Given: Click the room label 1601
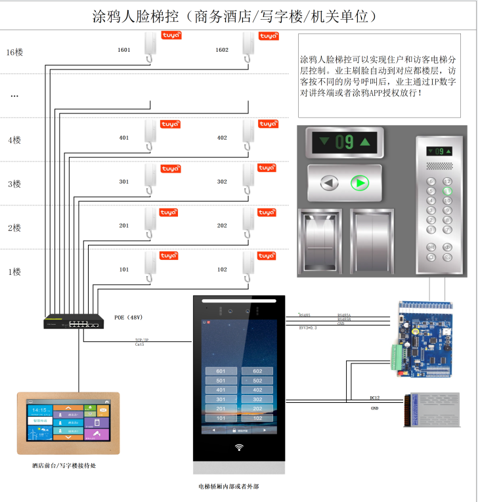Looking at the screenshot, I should click(x=123, y=50).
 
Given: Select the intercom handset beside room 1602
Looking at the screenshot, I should click(x=248, y=49).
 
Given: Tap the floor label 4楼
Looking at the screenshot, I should click(x=14, y=140).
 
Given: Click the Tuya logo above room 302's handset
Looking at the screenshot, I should click(x=267, y=168).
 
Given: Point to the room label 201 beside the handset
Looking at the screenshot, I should click(x=123, y=225).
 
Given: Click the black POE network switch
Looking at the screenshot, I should click(x=73, y=322).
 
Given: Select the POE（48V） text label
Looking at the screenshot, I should click(x=129, y=317).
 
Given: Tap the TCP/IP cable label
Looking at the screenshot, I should click(x=141, y=340).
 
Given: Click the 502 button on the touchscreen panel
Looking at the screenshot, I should click(x=257, y=381).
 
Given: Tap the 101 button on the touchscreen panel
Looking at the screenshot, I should click(x=221, y=418).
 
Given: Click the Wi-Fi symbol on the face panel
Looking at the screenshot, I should click(x=238, y=450).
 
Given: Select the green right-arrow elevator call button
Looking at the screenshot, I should click(x=359, y=183).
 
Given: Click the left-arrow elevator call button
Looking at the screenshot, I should click(x=329, y=183).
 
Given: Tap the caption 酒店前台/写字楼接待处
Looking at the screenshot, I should click(x=65, y=465).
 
